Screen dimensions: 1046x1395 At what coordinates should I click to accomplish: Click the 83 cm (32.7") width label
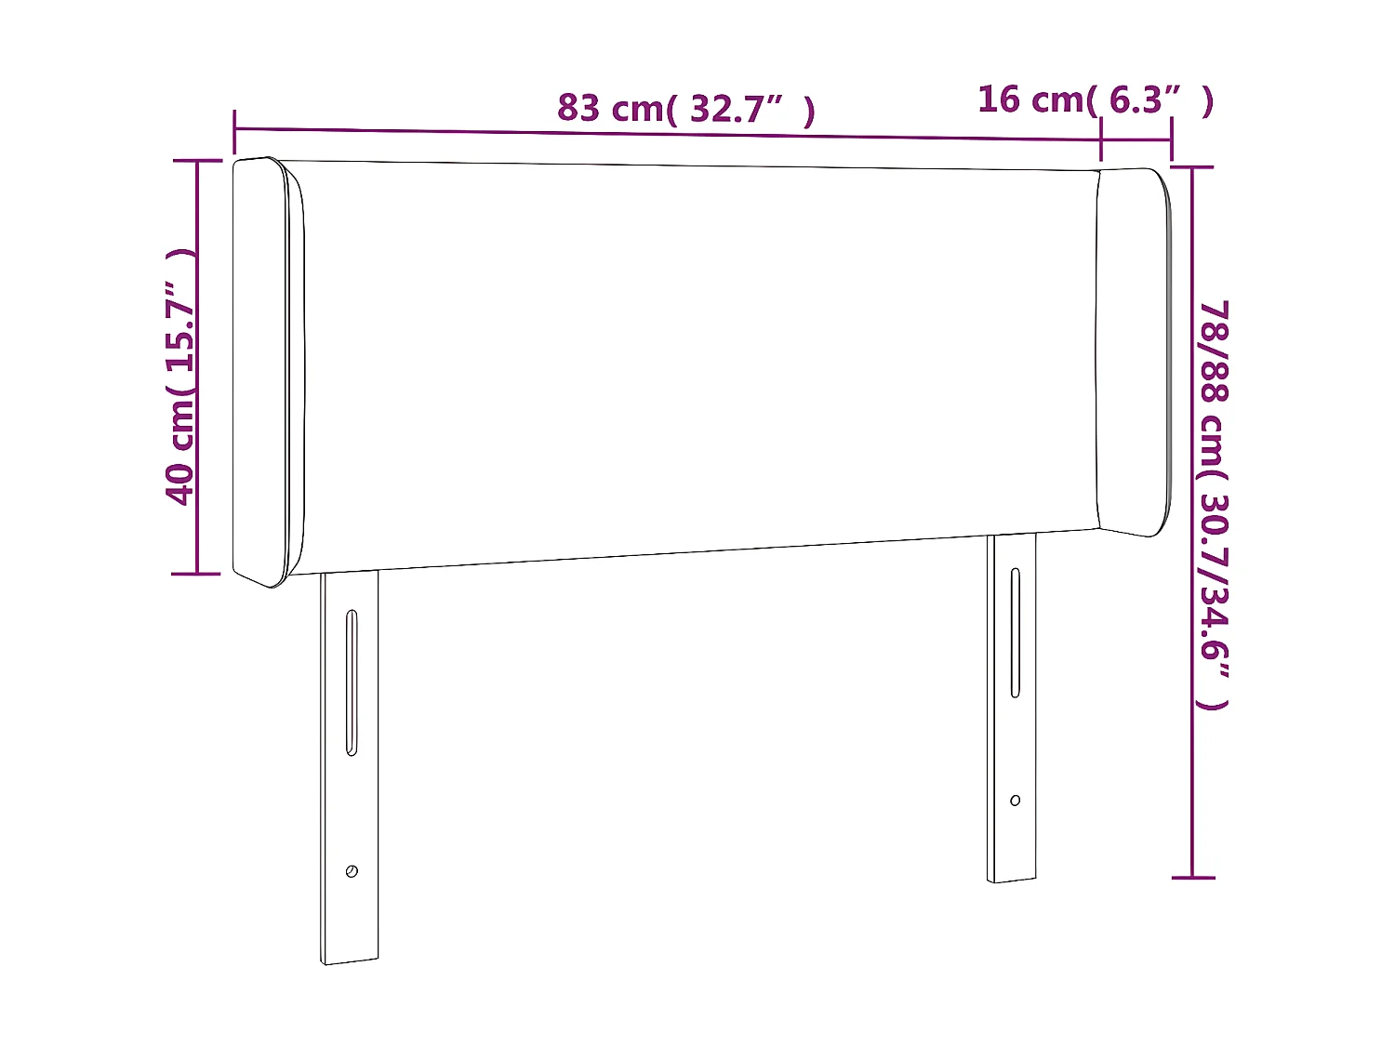pyautogui.click(x=686, y=109)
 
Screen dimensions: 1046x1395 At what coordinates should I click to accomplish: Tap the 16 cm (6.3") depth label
pyautogui.click(x=1095, y=99)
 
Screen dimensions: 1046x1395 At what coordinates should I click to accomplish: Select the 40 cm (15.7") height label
pyautogui.click(x=180, y=377)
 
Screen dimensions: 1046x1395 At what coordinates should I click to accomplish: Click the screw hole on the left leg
pyautogui.click(x=352, y=871)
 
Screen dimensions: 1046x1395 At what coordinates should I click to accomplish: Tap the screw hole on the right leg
pyautogui.click(x=1015, y=801)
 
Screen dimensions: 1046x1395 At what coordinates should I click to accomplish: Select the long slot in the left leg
pyautogui.click(x=352, y=682)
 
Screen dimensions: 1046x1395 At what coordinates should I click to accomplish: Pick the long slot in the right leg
pyautogui.click(x=1016, y=632)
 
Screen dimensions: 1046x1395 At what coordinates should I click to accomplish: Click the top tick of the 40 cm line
pyautogui.click(x=197, y=161)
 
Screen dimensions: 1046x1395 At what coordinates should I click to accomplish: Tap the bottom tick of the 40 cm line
pyautogui.click(x=197, y=574)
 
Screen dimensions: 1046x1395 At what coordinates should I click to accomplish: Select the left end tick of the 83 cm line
pyautogui.click(x=234, y=130)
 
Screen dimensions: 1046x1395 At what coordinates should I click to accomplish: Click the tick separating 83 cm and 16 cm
pyautogui.click(x=1101, y=139)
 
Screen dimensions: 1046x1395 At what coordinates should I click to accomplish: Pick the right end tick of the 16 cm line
pyautogui.click(x=1172, y=140)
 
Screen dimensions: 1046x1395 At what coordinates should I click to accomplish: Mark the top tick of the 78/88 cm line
pyautogui.click(x=1192, y=167)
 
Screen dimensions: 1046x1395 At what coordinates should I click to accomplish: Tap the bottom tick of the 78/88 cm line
pyautogui.click(x=1192, y=877)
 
